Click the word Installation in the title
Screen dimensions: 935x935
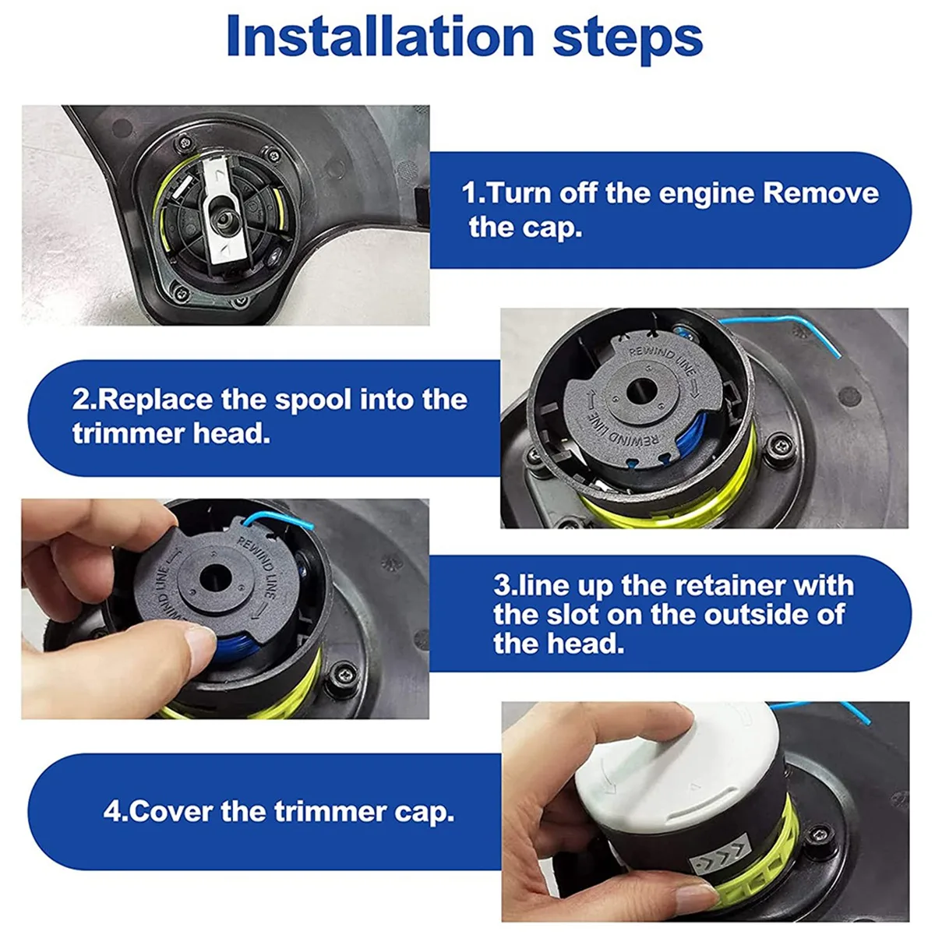[x=381, y=37]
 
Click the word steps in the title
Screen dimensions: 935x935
[x=628, y=40]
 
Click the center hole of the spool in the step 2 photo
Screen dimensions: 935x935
[x=641, y=392]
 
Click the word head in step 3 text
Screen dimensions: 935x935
[x=584, y=643]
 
